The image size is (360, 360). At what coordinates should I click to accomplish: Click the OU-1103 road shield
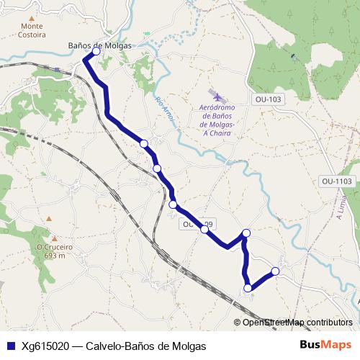pos(337,181)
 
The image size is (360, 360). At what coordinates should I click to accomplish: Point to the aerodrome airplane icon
pos(216,95)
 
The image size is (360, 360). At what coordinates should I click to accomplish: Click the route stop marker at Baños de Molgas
pos(96,52)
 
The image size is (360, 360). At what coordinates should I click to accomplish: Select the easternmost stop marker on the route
pos(274,271)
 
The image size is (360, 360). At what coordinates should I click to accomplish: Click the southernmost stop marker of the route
pos(248,288)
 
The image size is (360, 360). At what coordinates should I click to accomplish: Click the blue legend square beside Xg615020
pos(10,346)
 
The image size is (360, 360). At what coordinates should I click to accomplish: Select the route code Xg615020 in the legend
pos(45,346)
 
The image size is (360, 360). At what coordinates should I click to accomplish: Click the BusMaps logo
pos(326,345)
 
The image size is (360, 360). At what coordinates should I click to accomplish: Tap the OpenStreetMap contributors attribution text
pos(297,323)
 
